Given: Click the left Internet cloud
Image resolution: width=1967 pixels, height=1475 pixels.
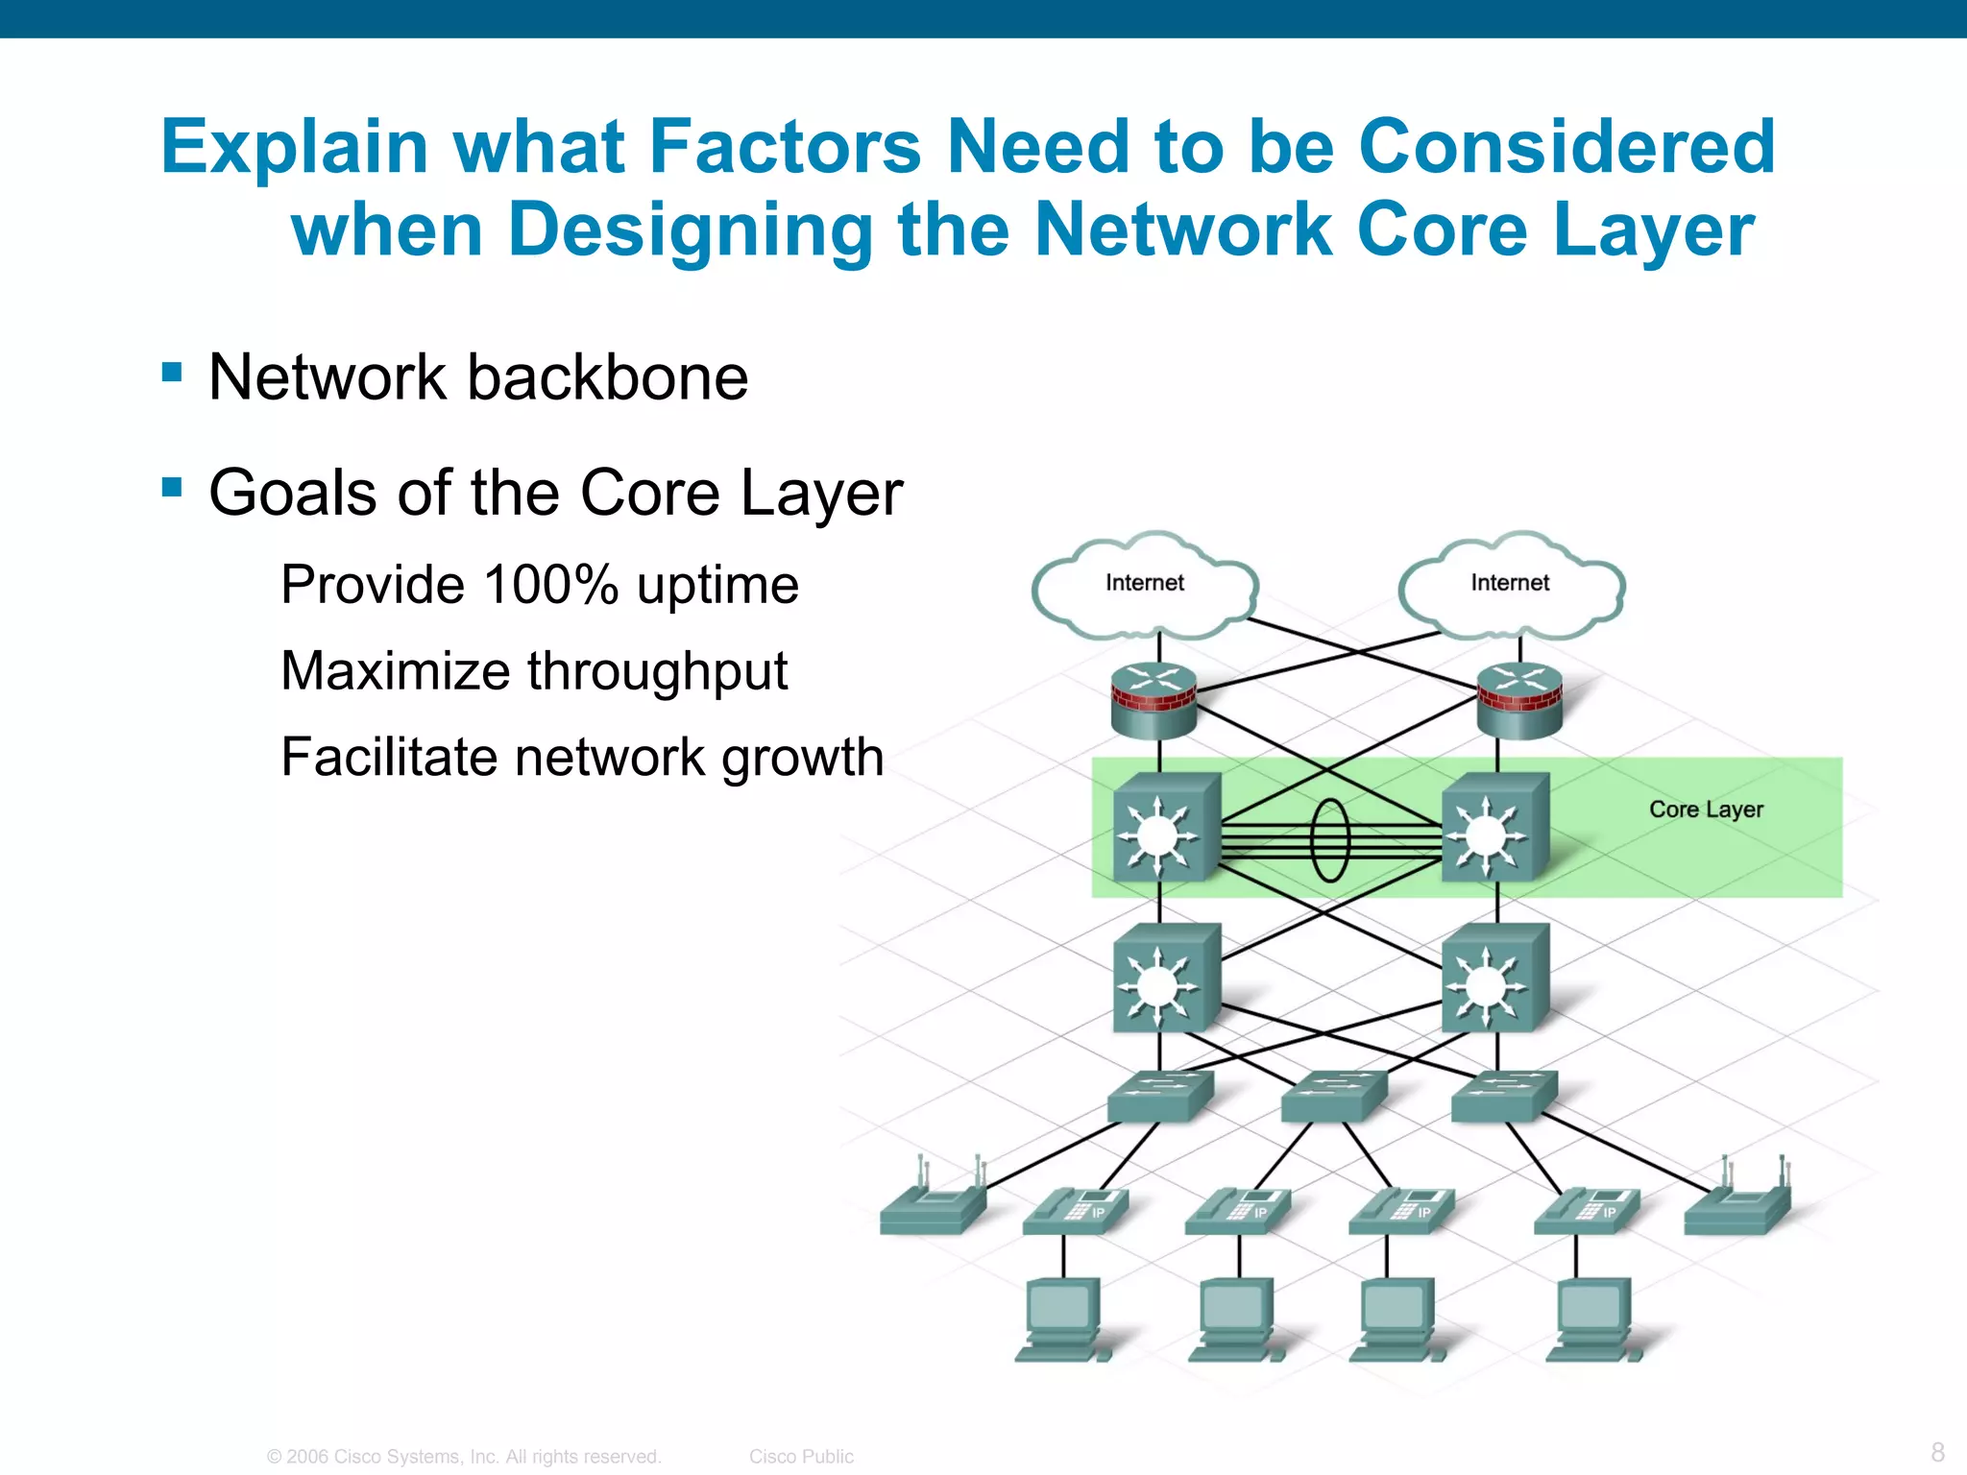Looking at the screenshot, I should pos(1145,584).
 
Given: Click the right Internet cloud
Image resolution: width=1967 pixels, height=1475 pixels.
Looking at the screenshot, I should pos(1511,584).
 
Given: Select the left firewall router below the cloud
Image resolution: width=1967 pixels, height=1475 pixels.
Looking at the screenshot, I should pos(1154,701).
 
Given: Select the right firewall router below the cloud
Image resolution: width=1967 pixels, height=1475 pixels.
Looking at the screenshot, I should pos(1519,701).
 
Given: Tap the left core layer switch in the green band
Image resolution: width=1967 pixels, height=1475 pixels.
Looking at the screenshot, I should pos(1165,828).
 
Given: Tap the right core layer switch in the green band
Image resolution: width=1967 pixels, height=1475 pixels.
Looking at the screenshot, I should pos(1494,828).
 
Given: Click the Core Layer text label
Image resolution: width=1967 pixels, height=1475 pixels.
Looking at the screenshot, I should pos(1706,810).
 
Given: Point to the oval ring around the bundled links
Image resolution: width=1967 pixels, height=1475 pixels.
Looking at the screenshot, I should pos(1330,840).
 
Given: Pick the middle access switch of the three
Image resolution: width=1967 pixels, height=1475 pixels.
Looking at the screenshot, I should pos(1333,1096).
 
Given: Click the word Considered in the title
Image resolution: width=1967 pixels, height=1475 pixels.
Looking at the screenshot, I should pos(1566,147).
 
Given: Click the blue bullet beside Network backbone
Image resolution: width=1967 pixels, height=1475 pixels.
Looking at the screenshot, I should pos(172,372).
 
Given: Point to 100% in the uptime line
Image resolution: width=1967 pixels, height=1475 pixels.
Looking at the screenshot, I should pos(550,585).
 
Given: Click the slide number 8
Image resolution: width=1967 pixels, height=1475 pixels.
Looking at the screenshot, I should pos(1937,1451).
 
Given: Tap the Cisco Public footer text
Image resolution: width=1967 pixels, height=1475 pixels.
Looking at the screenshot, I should pos(801,1456).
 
